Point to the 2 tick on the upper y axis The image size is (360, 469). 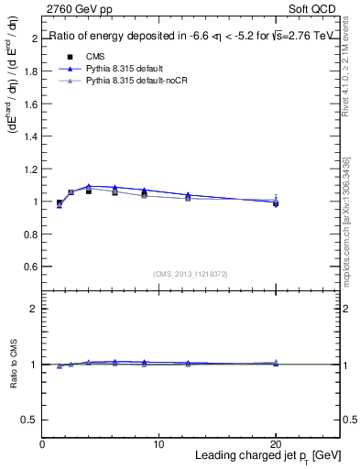(34, 38)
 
